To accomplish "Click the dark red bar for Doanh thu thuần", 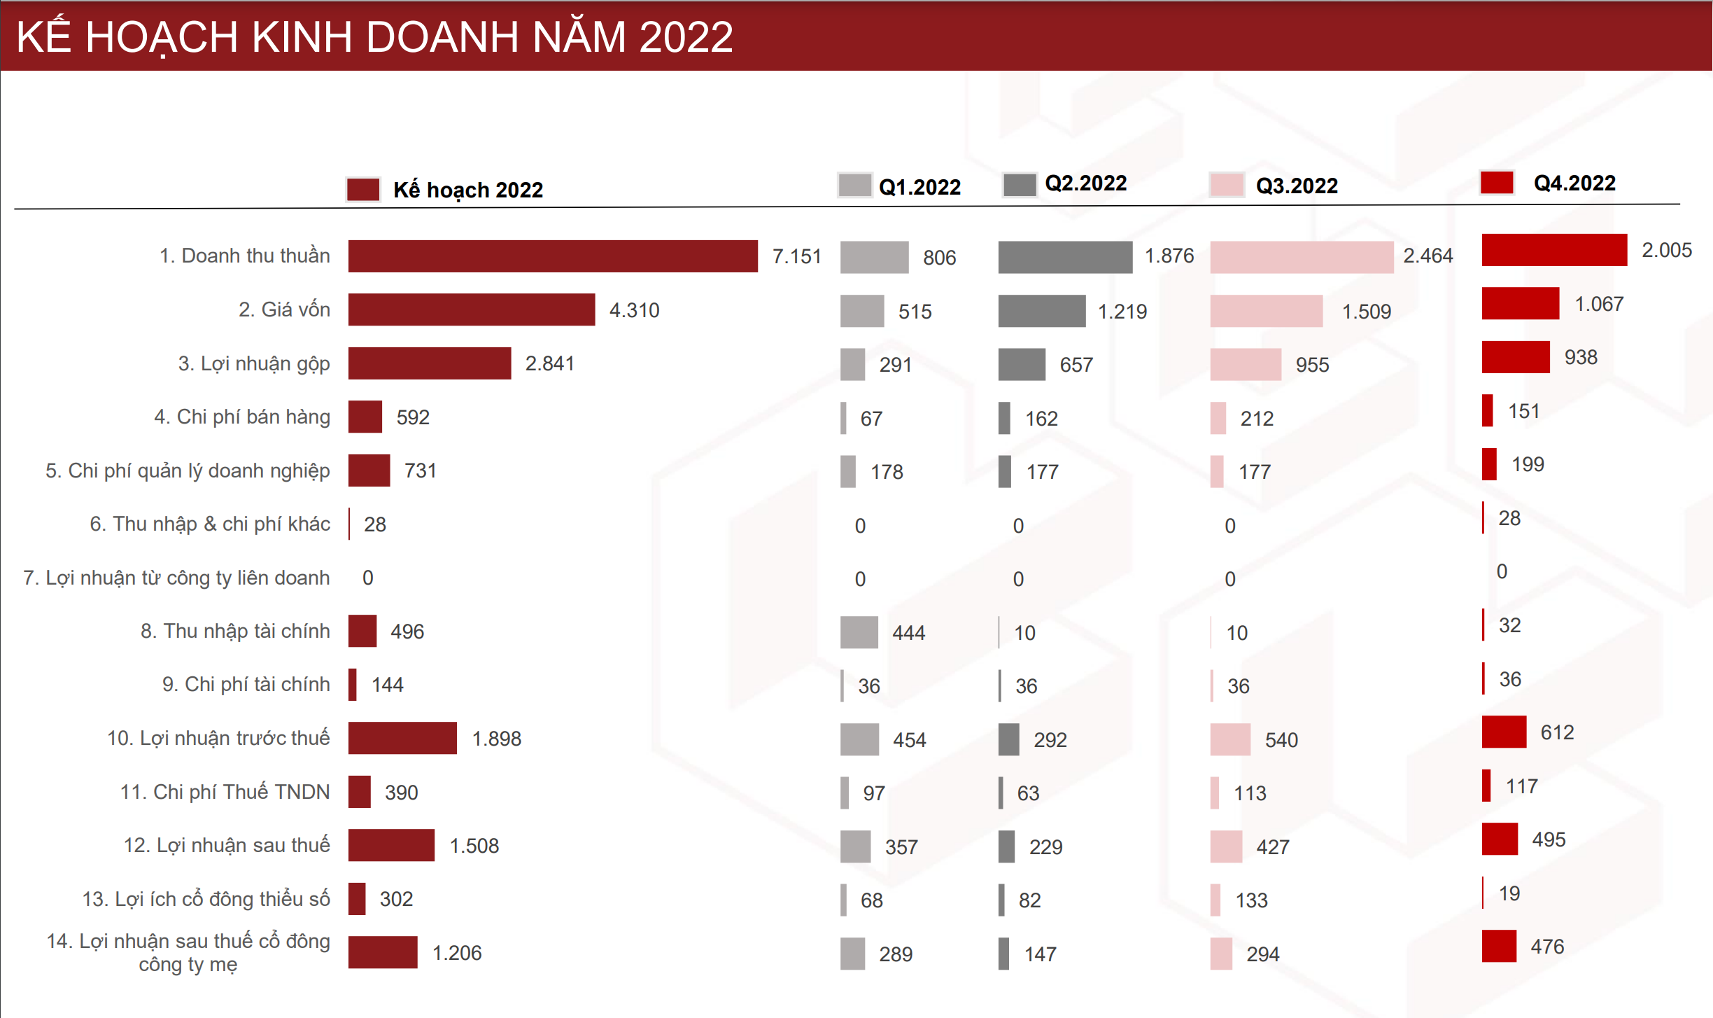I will click(553, 256).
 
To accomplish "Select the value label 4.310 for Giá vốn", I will click(634, 310).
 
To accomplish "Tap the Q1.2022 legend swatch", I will click(854, 186).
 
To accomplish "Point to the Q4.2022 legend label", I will click(1574, 183).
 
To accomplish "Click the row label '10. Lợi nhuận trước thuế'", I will click(218, 738).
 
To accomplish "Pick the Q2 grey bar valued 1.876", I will click(1065, 257).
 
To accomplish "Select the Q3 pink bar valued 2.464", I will click(1302, 257).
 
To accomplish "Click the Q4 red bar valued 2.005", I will click(1554, 250).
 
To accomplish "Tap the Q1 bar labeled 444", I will click(859, 632).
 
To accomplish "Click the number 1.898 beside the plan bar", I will click(497, 739).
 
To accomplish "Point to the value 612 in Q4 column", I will click(1557, 732).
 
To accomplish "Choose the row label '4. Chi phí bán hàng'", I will click(242, 417).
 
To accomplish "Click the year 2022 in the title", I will click(686, 36).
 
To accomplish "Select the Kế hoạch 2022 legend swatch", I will click(363, 190).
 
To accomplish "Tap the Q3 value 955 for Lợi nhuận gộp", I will click(1312, 365).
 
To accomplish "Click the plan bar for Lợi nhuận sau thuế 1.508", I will click(391, 845).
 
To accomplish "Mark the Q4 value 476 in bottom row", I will click(1547, 947).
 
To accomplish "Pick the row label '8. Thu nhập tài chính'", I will click(235, 631).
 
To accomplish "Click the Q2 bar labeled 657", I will click(1022, 364).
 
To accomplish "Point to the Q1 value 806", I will click(939, 258).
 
